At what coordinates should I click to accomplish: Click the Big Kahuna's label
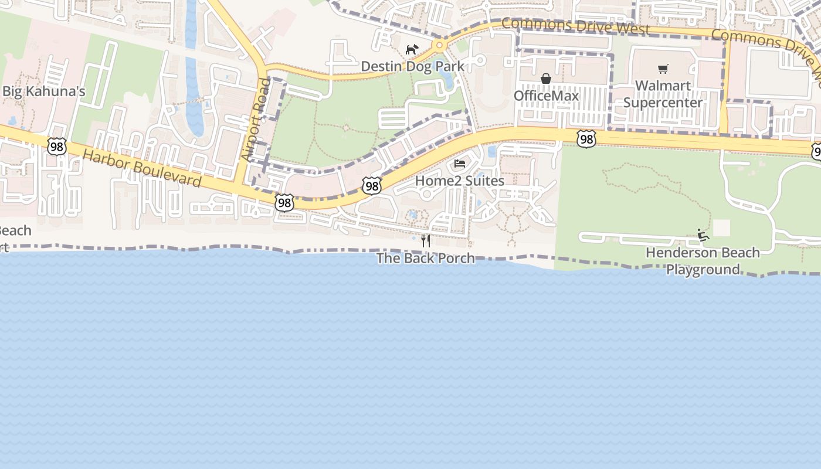click(44, 91)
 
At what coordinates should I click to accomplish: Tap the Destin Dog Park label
click(412, 66)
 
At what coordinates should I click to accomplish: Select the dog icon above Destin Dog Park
click(412, 49)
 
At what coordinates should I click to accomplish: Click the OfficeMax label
click(546, 96)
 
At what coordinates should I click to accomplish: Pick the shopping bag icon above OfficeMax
click(546, 79)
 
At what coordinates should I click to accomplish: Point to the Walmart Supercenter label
click(663, 94)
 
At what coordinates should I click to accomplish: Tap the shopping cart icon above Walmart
click(663, 69)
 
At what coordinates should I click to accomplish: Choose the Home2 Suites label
click(460, 181)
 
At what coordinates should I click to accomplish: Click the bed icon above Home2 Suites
click(460, 163)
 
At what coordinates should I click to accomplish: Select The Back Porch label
click(426, 258)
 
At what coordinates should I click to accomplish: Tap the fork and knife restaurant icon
click(426, 240)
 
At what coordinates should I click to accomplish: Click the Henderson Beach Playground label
click(703, 261)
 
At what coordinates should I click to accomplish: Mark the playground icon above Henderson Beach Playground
click(703, 236)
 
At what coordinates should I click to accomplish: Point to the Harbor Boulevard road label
click(142, 168)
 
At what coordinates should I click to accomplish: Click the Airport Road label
click(257, 120)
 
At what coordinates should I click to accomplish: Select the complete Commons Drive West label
click(575, 26)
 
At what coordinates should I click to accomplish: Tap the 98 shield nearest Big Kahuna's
click(57, 147)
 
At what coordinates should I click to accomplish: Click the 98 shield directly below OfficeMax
click(585, 139)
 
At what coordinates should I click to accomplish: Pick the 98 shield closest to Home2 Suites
click(372, 186)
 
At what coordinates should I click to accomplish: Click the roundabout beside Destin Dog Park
click(439, 45)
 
